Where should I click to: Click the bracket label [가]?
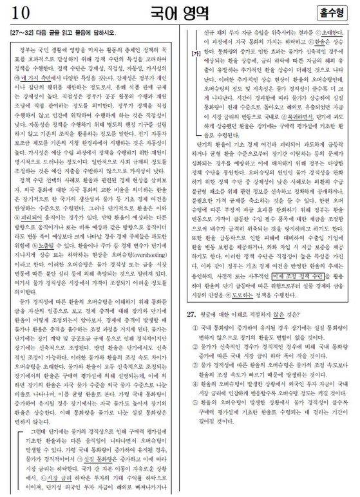(194, 53)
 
